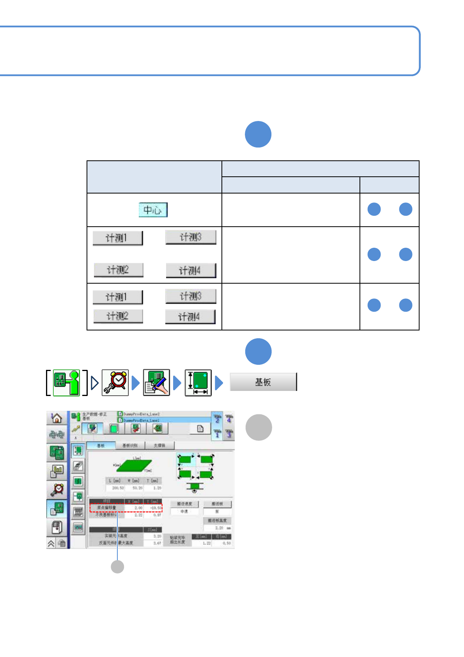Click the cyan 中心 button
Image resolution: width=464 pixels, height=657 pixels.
[153, 210]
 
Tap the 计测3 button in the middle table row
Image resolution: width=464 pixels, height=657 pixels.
[191, 237]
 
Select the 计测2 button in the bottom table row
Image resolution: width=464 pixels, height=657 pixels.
[118, 316]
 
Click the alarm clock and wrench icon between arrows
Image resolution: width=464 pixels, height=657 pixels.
[115, 383]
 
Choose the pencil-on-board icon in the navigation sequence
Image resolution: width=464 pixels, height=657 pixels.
[156, 383]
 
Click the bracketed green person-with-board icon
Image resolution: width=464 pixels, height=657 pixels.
[66, 383]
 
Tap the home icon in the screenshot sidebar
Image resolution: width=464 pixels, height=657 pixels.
[57, 418]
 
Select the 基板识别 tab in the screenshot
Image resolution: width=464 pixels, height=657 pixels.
[130, 446]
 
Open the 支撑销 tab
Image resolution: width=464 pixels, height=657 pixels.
[159, 446]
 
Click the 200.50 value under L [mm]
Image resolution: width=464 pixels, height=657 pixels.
[118, 488]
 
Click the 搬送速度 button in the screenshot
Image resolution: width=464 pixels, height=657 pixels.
[184, 504]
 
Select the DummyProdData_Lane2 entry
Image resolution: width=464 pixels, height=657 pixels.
[141, 414]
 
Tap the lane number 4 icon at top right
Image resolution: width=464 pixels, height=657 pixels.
[229, 418]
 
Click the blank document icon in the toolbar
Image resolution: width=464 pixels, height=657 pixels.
[200, 429]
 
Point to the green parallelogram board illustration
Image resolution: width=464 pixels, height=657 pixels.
[134, 465]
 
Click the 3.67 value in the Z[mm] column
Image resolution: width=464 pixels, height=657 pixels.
[157, 543]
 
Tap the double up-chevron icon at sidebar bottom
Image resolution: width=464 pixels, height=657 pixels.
[51, 543]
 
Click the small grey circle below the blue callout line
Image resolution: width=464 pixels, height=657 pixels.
[117, 566]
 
